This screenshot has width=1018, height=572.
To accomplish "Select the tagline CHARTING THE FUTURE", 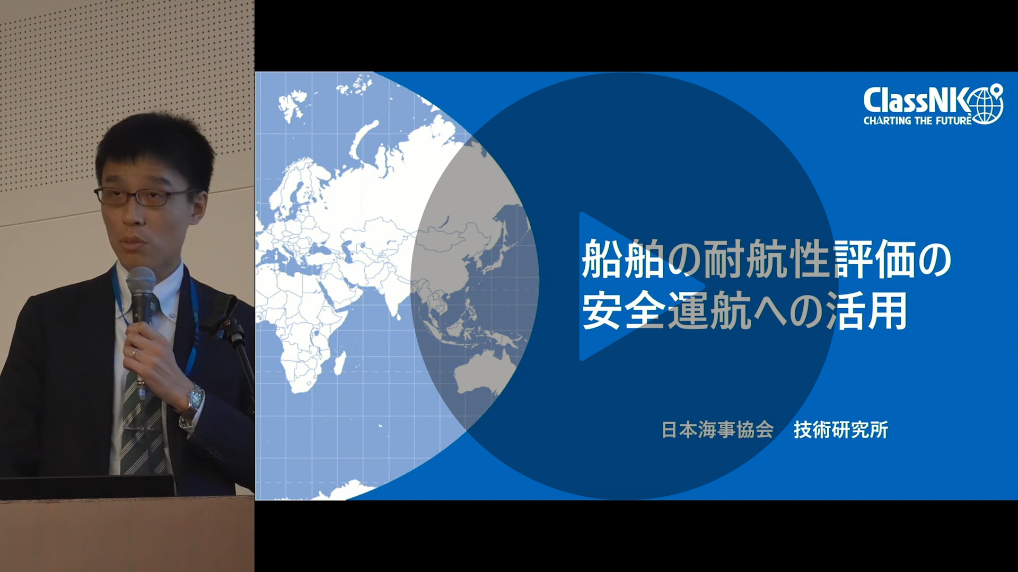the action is (918, 121).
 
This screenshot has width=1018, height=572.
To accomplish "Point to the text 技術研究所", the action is (840, 430).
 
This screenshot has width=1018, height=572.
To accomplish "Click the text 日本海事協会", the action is (717, 430).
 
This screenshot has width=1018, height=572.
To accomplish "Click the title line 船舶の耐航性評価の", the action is (767, 260).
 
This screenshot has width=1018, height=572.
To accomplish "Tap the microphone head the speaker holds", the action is (141, 286).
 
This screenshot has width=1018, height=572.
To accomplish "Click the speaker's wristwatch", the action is (194, 400).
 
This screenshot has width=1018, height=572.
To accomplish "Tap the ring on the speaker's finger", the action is (135, 352).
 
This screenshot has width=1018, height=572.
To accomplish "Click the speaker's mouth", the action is (135, 243).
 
